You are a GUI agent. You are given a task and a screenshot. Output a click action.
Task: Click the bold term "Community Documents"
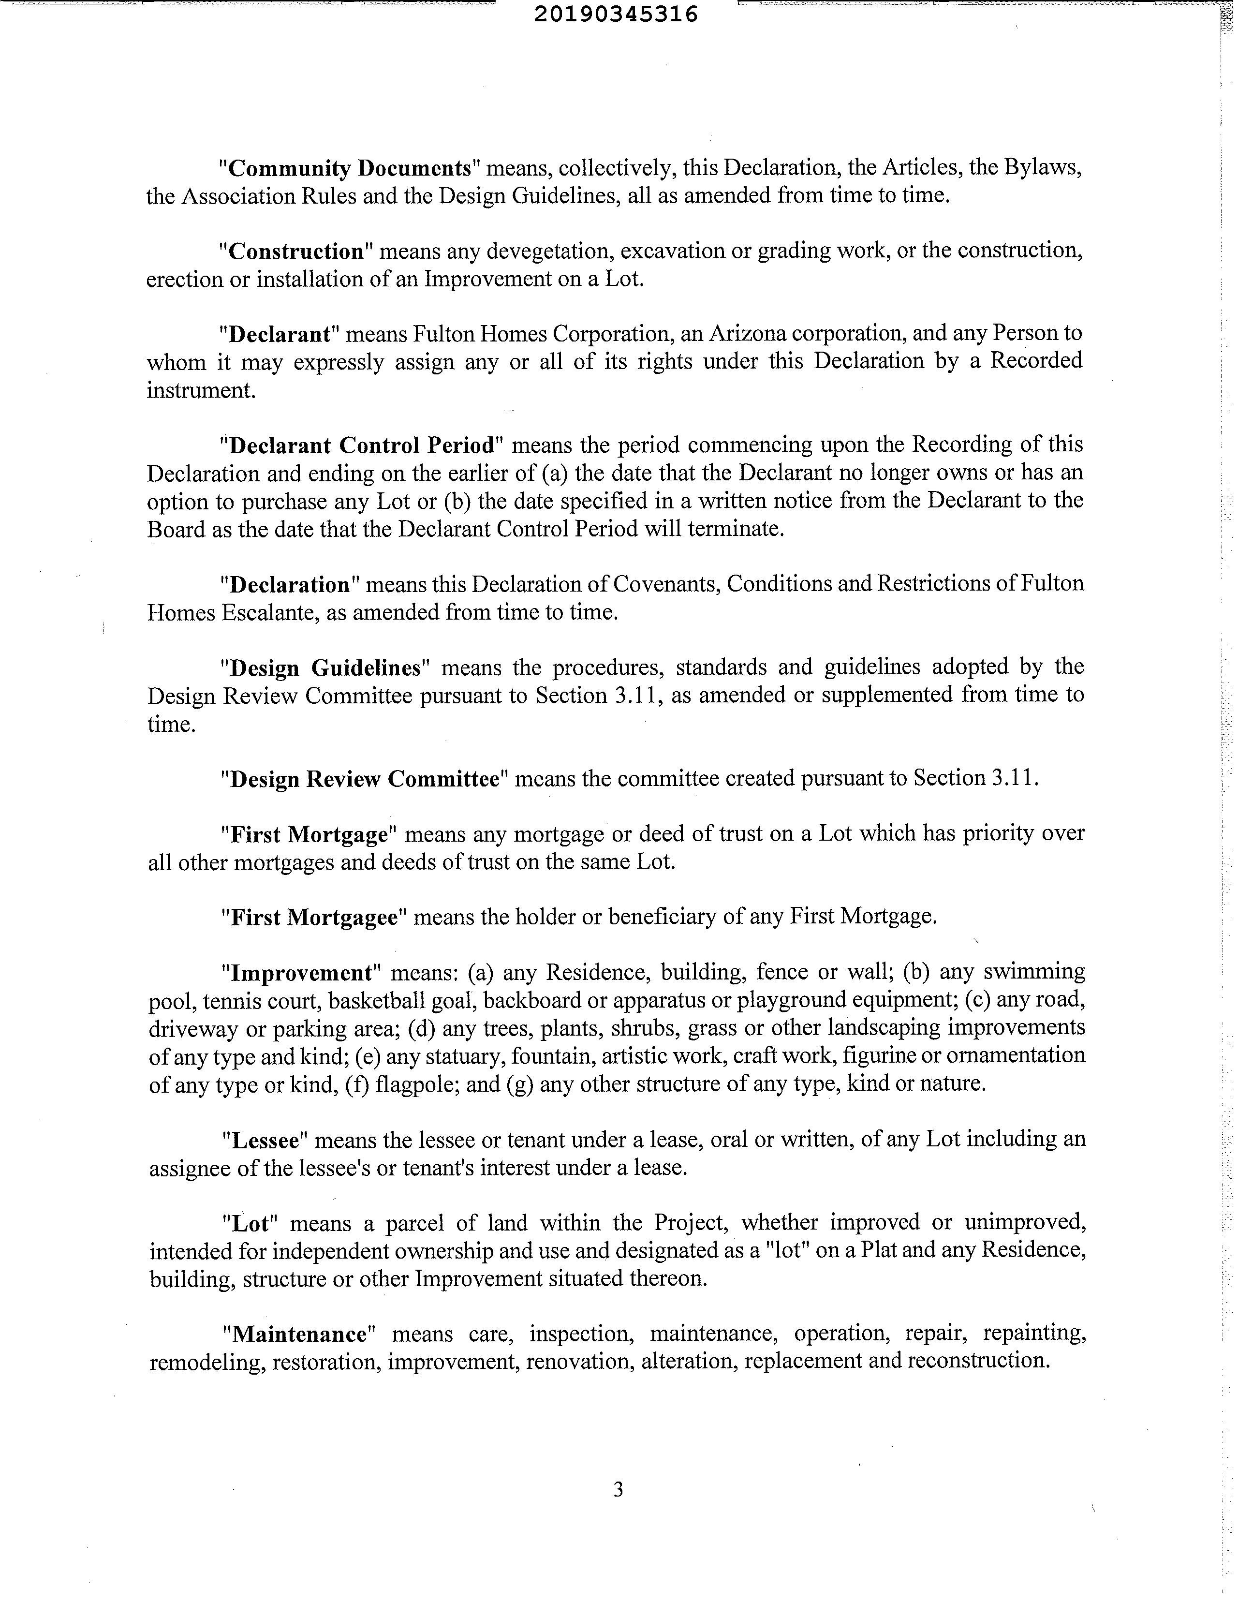pos(349,169)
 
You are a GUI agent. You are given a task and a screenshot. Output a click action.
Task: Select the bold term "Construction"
pos(296,252)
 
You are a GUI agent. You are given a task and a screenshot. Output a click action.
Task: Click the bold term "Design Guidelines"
pos(325,667)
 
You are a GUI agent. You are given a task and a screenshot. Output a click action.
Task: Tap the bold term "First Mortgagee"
pos(313,917)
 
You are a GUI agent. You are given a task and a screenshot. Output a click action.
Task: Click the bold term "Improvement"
pos(301,973)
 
